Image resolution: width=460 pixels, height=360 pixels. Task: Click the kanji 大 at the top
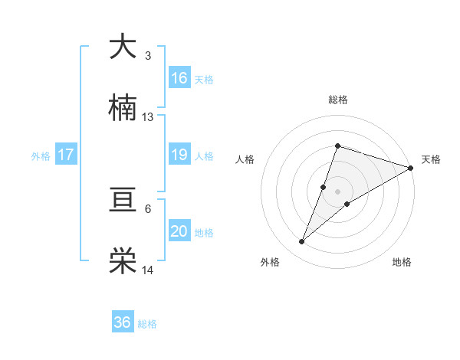coord(123,47)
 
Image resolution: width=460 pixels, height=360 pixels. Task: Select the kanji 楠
coord(123,108)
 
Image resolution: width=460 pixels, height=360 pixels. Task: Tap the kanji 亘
coord(123,200)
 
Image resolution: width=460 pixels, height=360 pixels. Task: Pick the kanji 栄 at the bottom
coord(123,261)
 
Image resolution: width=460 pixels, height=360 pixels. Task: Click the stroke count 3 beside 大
coord(148,56)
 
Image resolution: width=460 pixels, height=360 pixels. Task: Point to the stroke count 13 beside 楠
coord(148,117)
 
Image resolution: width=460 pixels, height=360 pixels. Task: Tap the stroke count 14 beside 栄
coord(148,270)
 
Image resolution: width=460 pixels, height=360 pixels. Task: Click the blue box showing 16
coord(179,78)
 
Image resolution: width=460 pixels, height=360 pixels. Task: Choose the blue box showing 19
coord(179,155)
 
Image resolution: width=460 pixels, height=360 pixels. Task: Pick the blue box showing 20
coord(179,231)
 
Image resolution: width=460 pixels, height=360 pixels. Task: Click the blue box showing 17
coord(66,155)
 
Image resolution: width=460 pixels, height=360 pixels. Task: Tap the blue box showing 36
coord(123,322)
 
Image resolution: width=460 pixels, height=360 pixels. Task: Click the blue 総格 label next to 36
coord(147,324)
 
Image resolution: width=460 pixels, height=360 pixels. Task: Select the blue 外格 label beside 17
coord(41,156)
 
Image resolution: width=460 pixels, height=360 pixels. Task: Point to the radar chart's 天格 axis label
coord(432,159)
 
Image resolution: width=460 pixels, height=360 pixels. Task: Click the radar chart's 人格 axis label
coord(245,159)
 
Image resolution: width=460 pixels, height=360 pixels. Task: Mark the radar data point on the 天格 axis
coord(411,168)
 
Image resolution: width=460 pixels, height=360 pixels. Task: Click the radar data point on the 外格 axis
coord(302,242)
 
